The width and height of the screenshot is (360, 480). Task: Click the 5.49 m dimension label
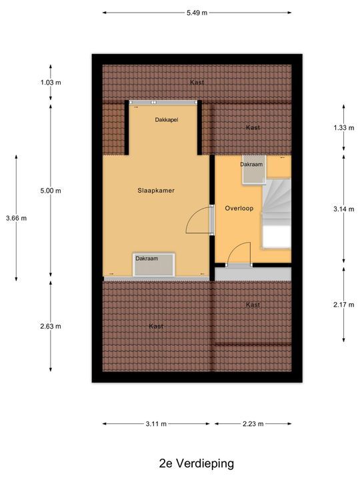197,13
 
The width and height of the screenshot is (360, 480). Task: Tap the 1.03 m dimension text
51,83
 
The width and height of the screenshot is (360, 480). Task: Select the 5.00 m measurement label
51,191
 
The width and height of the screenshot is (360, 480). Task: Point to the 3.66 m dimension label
16,218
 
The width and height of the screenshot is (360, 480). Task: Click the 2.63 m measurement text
51,326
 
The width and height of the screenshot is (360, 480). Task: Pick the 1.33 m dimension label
344,127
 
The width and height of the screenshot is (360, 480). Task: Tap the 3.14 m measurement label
344,209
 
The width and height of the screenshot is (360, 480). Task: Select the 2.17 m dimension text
344,305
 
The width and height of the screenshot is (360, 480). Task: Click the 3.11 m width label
156,424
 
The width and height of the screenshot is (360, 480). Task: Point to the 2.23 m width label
253,424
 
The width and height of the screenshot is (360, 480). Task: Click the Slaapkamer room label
156,191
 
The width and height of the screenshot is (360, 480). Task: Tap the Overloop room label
239,209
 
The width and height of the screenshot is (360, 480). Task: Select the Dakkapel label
167,120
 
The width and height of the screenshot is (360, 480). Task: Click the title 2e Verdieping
197,463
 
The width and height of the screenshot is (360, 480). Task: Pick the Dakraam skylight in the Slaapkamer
154,265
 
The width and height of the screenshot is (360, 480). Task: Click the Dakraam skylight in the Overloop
254,170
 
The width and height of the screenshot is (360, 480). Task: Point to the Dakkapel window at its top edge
163,102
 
